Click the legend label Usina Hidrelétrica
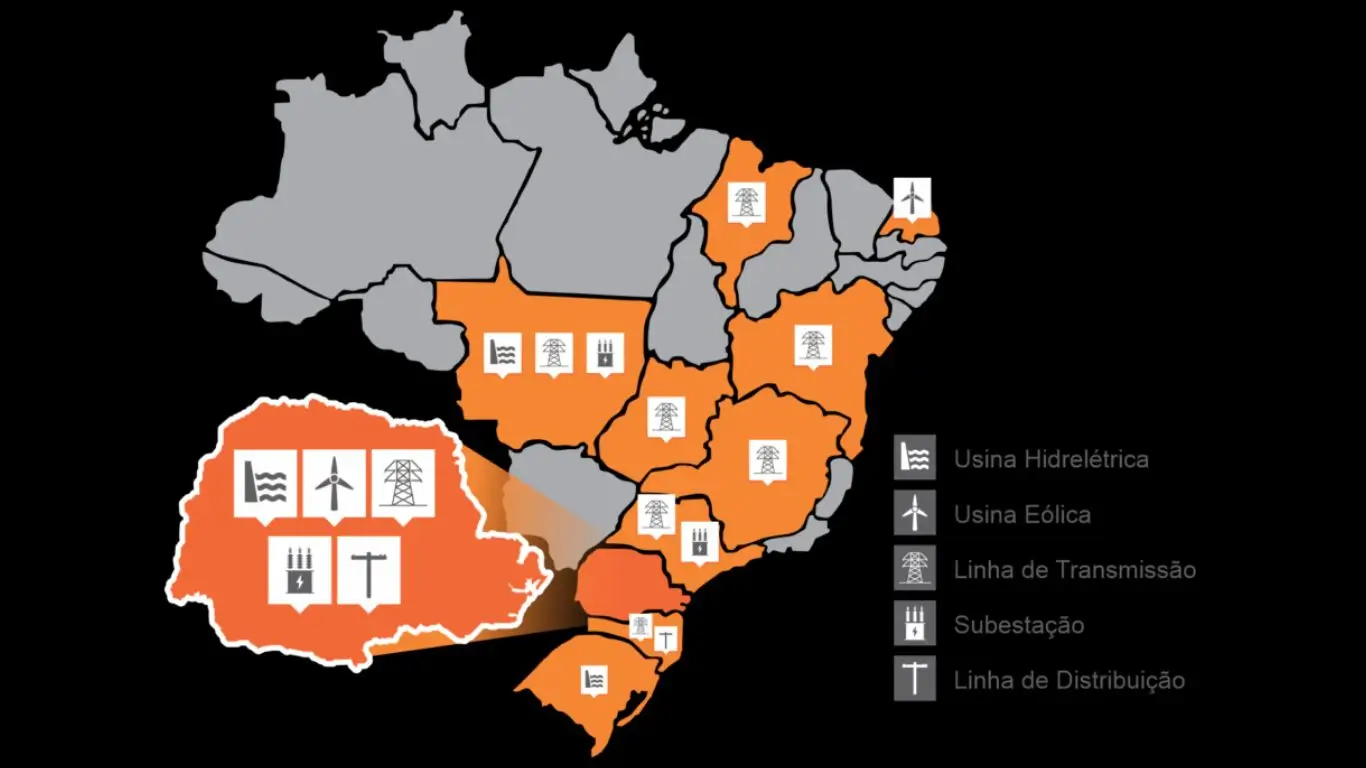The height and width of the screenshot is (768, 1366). (1051, 460)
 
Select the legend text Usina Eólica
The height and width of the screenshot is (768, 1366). (1022, 515)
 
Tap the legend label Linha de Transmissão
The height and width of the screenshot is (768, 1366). (1075, 570)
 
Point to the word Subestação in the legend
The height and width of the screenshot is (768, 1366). (1019, 625)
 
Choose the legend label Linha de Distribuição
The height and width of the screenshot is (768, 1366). (1069, 680)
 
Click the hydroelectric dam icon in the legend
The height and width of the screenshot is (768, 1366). (915, 458)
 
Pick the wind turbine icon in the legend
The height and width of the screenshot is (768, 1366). (915, 513)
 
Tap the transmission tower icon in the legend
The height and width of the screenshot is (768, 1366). (915, 568)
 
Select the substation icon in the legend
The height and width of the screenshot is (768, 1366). (915, 624)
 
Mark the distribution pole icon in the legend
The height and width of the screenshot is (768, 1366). (915, 679)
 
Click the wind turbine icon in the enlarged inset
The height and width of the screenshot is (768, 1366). (334, 483)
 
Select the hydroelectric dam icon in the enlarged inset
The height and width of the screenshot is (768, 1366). (265, 483)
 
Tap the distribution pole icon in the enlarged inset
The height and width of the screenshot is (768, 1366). (368, 569)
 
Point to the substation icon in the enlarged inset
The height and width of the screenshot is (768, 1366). (299, 569)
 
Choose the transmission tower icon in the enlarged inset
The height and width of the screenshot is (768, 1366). (403, 483)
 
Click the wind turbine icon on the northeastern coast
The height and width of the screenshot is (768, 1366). (911, 197)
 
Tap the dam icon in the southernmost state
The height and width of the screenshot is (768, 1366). (594, 679)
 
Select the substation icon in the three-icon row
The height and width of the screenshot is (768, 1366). (605, 352)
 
